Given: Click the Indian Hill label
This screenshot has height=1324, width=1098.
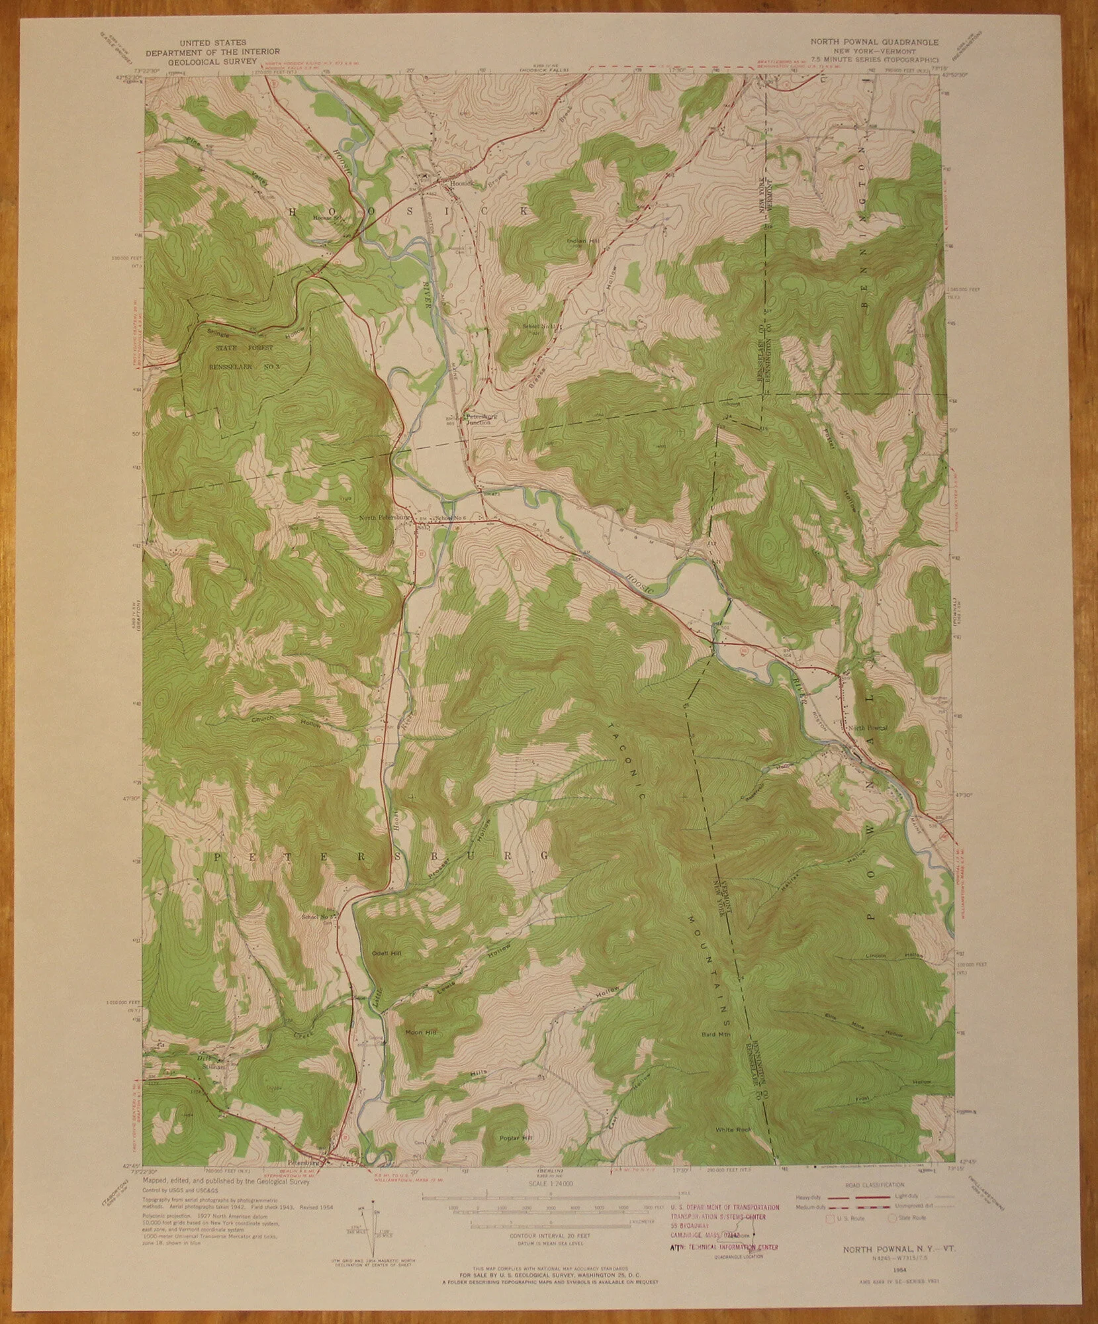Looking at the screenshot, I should coord(582,241).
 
